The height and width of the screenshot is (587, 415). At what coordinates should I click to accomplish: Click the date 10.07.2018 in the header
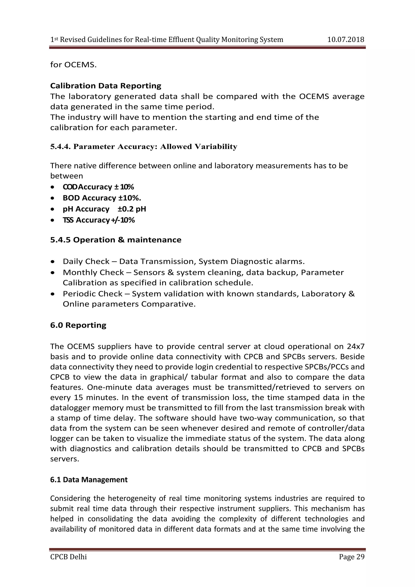point(345,40)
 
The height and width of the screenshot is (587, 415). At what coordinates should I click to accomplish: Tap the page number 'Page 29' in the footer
point(351,557)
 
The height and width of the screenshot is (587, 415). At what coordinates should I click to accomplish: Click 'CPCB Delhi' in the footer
point(68,557)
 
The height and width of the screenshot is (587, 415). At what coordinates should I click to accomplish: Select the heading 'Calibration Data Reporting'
point(106,86)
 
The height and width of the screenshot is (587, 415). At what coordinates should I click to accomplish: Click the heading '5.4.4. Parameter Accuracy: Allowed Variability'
point(144,147)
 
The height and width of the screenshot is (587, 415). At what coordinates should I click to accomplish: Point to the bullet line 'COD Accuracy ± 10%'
point(98,187)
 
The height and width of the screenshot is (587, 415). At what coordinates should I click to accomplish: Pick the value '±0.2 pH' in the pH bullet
point(132,209)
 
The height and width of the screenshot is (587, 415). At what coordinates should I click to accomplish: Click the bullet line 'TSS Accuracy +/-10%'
point(99,220)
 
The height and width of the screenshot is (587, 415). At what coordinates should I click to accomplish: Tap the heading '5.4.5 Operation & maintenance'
point(116,240)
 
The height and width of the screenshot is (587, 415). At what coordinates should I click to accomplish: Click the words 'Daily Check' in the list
point(86,261)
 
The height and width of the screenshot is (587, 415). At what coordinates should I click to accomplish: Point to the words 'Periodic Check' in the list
point(93,294)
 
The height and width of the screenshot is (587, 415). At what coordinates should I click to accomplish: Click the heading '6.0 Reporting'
point(78,325)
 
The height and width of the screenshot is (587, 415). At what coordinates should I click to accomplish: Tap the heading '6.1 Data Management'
point(89,480)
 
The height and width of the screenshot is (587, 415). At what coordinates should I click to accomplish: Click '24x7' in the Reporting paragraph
point(356,346)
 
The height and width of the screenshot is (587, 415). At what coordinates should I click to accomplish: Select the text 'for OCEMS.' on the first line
point(73,65)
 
